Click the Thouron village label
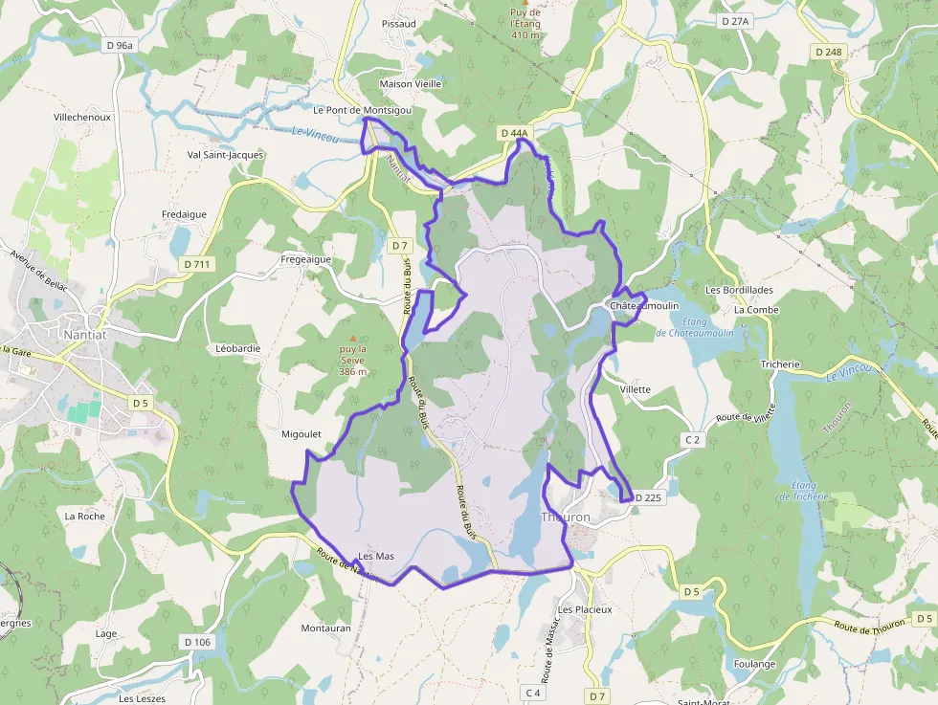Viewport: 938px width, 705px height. [x=566, y=517]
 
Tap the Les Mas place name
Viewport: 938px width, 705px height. [x=376, y=556]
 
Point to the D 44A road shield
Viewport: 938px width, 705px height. [x=514, y=134]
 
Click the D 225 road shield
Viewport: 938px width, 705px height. [x=648, y=497]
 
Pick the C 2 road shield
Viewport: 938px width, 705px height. [x=694, y=439]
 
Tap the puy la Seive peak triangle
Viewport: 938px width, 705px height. [x=353, y=338]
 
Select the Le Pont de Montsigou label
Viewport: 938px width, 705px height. [x=362, y=110]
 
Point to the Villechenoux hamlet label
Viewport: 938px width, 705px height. [x=82, y=117]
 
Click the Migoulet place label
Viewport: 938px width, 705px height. [x=301, y=433]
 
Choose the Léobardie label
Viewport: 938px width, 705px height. [x=238, y=348]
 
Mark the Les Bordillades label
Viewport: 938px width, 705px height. [x=738, y=289]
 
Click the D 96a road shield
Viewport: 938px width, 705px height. [x=121, y=45]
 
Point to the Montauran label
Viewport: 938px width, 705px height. [x=326, y=628]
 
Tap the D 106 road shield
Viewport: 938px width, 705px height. [x=196, y=642]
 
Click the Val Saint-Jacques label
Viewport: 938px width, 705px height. [x=226, y=154]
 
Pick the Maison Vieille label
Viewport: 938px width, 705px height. [x=411, y=84]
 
